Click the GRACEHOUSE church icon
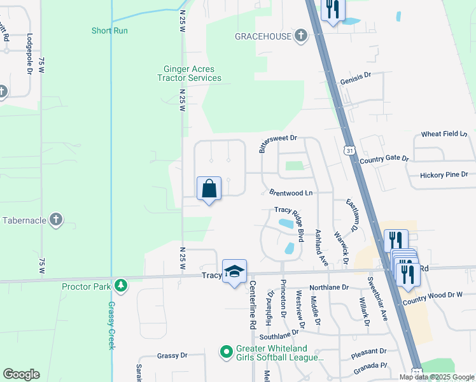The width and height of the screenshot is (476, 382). pyautogui.click(x=300, y=36)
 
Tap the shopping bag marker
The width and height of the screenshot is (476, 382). pyautogui.click(x=209, y=189)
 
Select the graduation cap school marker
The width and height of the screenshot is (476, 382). pyautogui.click(x=234, y=271)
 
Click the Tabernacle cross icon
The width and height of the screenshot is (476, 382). pyautogui.click(x=56, y=220)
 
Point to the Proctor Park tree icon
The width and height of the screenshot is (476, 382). pyautogui.click(x=120, y=286)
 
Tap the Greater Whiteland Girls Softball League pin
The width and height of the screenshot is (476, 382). pyautogui.click(x=225, y=351)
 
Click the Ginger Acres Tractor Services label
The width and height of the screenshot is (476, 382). pyautogui.click(x=189, y=73)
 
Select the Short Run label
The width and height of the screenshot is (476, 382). pyautogui.click(x=110, y=30)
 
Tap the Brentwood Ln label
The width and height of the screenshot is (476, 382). pyautogui.click(x=291, y=192)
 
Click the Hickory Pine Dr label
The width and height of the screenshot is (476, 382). pyautogui.click(x=444, y=174)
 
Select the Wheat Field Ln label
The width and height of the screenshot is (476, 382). pyautogui.click(x=445, y=134)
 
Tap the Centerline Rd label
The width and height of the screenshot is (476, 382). pyautogui.click(x=253, y=305)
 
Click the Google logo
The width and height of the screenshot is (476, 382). pyautogui.click(x=21, y=374)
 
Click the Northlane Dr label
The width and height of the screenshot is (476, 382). pyautogui.click(x=328, y=287)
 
